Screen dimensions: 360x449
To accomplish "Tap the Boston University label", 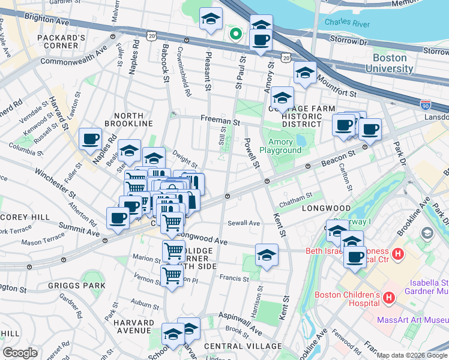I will (394, 64).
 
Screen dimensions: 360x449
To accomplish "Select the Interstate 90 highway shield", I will (426, 104).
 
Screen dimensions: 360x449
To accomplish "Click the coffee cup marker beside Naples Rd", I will (91, 139).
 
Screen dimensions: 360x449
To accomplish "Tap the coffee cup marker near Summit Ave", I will (118, 217).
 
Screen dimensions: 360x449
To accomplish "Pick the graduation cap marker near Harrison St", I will (267, 254).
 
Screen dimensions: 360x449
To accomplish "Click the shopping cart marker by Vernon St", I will (172, 275).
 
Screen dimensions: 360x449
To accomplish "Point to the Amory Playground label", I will (281, 146).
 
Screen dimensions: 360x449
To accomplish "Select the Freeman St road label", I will (220, 121).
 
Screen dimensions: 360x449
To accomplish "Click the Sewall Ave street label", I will (244, 223).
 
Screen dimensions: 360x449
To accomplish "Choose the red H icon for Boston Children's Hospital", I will (388, 297).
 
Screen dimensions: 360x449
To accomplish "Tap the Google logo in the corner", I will (20, 353).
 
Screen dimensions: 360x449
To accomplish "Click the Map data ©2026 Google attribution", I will (412, 355).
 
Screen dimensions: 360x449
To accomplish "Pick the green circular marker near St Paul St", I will (236, 34).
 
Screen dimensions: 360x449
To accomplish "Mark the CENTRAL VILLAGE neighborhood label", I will (243, 346).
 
